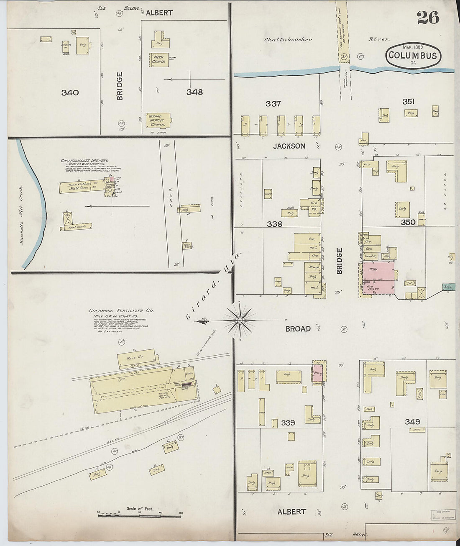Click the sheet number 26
pos(427,18)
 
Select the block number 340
pos(70,92)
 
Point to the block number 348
pos(194,92)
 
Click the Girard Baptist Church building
pos(158,120)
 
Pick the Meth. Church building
pos(158,59)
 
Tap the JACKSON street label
pos(289,146)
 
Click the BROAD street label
pos(298,329)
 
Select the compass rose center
pos(240,320)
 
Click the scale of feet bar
pos(139,515)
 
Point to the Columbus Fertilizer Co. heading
pos(121,311)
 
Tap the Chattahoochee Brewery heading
pos(84,161)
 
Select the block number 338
pos(274,224)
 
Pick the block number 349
pos(412,422)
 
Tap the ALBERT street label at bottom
pos(291,512)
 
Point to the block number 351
pos(408,101)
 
